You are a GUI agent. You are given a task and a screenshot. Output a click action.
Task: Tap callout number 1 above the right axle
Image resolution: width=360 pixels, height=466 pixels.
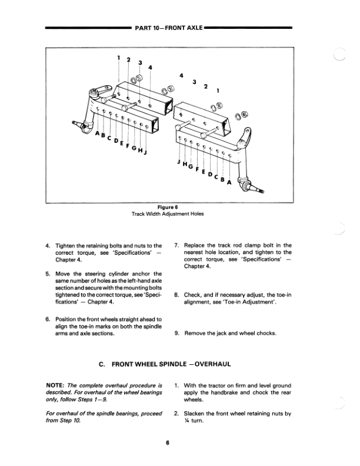tap(218, 91)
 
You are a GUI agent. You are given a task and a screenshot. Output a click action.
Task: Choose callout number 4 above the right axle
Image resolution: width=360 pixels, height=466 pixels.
tap(181, 75)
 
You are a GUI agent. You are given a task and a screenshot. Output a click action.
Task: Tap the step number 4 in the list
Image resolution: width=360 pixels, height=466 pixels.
tap(48, 245)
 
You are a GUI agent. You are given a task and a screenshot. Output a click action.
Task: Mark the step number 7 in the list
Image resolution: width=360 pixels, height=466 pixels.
tap(178, 245)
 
